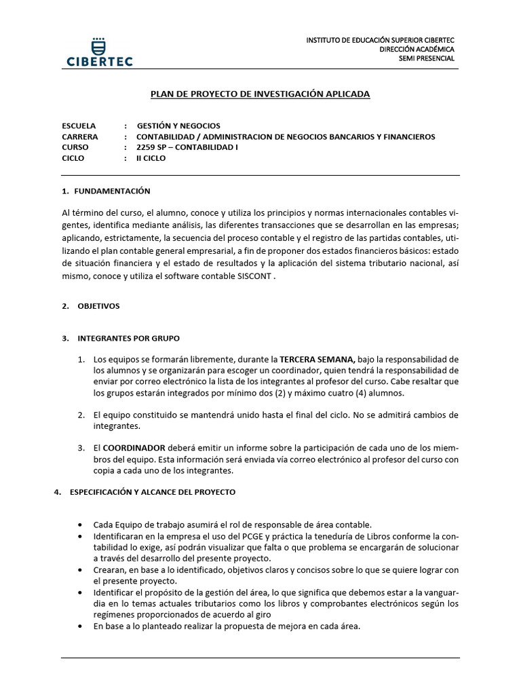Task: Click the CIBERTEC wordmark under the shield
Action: (x=100, y=61)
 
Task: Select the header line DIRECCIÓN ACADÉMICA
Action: (x=417, y=50)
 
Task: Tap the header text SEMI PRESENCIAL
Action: (x=426, y=58)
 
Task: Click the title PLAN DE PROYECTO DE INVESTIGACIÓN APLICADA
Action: (x=260, y=94)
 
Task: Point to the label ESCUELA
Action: (x=79, y=126)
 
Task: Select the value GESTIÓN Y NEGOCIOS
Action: (x=178, y=126)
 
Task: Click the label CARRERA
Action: (x=79, y=136)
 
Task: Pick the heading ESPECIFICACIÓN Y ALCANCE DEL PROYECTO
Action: (x=153, y=492)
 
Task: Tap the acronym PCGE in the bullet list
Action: (x=223, y=536)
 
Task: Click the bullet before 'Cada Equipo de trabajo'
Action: (x=81, y=525)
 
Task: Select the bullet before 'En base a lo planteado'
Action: (x=81, y=626)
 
